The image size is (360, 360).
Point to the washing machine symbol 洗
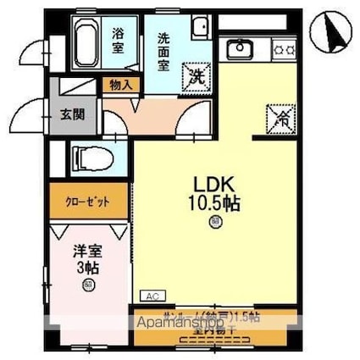click(x=196, y=74)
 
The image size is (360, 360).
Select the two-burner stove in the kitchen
click(x=283, y=50)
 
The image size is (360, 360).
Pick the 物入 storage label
click(x=120, y=84)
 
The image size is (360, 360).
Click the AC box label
click(x=152, y=296)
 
